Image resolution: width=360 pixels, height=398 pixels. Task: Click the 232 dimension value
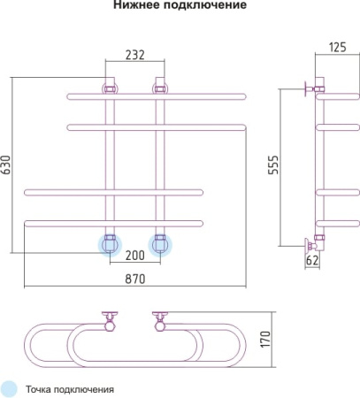pyautogui.click(x=135, y=55)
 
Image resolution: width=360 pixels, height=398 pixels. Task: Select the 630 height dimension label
pyautogui.click(x=6, y=165)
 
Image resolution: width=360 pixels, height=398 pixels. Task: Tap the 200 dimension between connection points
pyautogui.click(x=135, y=256)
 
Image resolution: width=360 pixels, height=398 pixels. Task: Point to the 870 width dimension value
pyautogui.click(x=135, y=279)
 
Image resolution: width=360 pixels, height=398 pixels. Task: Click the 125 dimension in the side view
pyautogui.click(x=338, y=48)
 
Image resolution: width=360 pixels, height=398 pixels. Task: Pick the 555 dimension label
pyautogui.click(x=273, y=165)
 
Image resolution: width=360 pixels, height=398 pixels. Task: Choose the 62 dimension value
pyautogui.click(x=312, y=261)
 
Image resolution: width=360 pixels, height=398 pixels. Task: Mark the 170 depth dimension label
pyautogui.click(x=265, y=339)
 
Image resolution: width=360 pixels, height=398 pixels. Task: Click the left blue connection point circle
pyautogui.click(x=110, y=245)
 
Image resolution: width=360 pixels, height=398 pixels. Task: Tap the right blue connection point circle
pyautogui.click(x=160, y=245)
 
